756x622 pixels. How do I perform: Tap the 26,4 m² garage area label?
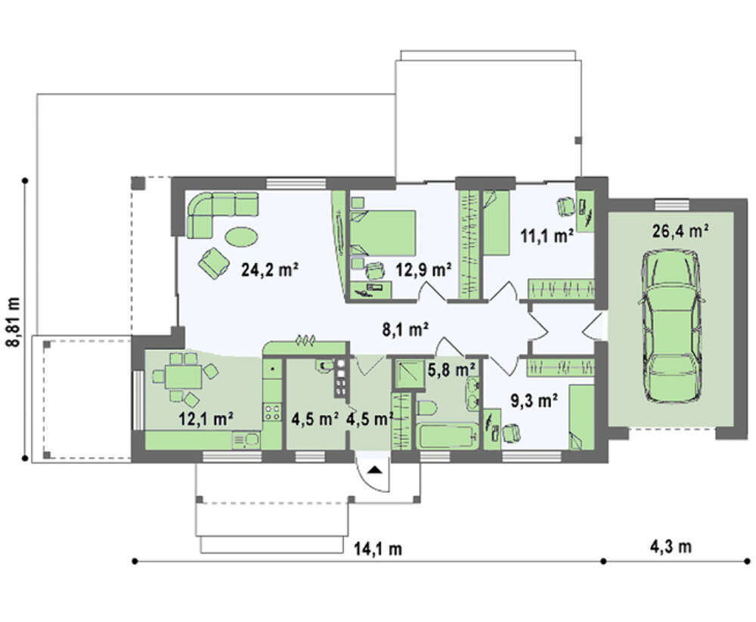[x=680, y=231]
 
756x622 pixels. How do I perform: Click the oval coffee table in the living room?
[x=241, y=237]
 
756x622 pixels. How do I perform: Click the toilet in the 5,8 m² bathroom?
[x=426, y=408]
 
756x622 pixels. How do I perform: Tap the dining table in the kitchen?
[x=183, y=376]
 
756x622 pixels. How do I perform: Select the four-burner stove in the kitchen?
[x=272, y=412]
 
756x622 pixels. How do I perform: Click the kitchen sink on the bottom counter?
[x=246, y=440]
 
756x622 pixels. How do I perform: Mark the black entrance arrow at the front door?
[x=375, y=469]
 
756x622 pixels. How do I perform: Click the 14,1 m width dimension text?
[x=378, y=549]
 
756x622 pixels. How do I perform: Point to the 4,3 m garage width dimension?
[x=671, y=546]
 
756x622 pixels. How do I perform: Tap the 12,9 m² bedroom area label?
[x=423, y=270]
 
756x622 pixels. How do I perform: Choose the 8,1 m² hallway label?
[x=405, y=330]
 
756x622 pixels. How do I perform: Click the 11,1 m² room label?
[x=547, y=236]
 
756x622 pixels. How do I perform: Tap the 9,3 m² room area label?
[x=534, y=401]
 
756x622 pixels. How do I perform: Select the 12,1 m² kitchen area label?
[x=206, y=419]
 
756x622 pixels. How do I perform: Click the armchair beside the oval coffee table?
[x=213, y=263]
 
